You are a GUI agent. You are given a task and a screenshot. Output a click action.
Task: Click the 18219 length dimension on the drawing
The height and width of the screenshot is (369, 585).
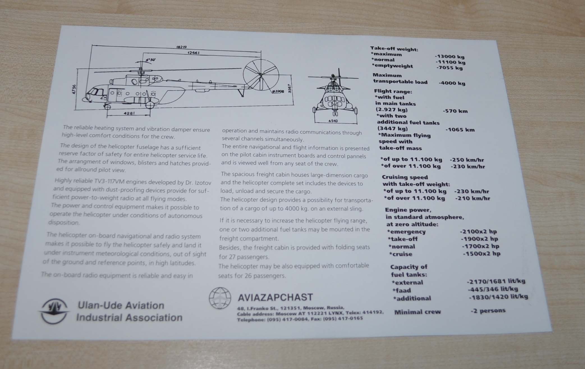point(182,47)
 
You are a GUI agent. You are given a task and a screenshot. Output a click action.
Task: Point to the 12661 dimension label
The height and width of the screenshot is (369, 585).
point(193,53)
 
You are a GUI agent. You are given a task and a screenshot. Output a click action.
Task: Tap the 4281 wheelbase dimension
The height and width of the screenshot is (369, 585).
point(129,113)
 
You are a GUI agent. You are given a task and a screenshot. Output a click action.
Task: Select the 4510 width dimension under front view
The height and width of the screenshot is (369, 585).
point(333,121)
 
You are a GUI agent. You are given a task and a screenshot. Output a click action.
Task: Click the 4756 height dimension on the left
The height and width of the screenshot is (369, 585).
point(74,89)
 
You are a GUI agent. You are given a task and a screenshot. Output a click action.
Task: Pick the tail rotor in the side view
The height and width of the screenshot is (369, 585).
point(261,75)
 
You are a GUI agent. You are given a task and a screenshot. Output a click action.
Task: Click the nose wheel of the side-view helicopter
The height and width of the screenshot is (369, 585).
point(107,107)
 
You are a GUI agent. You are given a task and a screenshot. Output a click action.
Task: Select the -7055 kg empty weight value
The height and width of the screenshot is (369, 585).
point(449,68)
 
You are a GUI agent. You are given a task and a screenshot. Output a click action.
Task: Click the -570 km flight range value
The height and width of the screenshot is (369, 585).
point(455,111)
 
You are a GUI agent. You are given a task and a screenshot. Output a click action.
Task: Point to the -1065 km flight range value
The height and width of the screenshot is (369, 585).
point(460,130)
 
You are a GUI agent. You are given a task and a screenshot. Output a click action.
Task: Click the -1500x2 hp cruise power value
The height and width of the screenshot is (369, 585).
point(481,254)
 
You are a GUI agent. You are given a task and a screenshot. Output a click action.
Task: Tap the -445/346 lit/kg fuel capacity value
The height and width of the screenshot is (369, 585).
point(493,289)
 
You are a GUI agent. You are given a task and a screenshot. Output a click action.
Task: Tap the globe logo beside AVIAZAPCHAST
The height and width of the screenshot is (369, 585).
point(220,298)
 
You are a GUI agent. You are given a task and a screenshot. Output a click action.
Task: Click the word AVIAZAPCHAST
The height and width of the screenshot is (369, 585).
point(275,297)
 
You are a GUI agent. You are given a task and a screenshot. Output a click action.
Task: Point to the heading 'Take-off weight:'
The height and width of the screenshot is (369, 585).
point(394,49)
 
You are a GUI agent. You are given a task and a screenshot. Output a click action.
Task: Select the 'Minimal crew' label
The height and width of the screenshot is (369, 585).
point(417,312)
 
